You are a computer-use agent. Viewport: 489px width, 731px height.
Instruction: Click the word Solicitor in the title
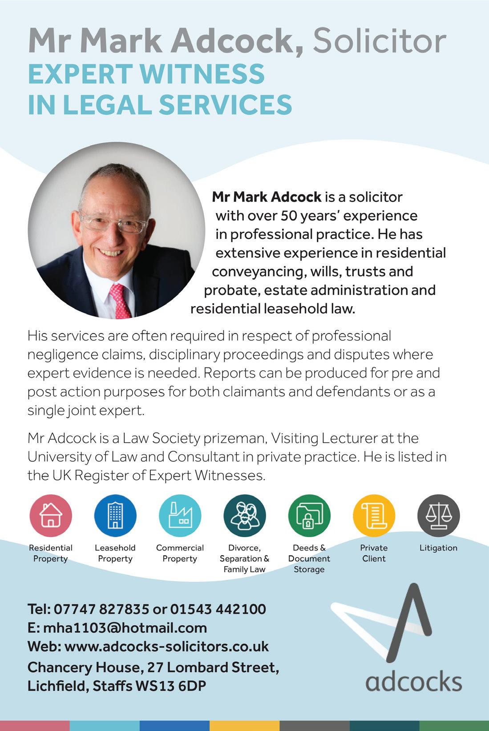pos(379,41)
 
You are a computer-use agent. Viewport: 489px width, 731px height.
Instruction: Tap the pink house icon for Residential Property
pos(51,515)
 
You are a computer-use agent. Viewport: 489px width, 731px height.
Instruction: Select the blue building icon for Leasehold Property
pos(115,515)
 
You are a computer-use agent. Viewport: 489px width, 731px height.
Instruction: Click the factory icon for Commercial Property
pos(180,515)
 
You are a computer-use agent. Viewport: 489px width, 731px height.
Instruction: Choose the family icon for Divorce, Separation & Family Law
pos(244,515)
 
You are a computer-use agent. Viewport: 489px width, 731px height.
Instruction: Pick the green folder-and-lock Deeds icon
pos(309,515)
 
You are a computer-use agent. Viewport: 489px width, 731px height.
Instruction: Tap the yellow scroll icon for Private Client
pos(374,515)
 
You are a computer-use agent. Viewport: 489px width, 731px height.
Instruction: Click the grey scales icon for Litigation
pos(438,515)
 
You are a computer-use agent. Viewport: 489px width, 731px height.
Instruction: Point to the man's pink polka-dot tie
pos(119,300)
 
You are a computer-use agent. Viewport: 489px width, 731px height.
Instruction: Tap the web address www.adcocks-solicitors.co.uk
pos(166,647)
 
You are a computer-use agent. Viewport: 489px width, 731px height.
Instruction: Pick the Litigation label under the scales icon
pos(438,548)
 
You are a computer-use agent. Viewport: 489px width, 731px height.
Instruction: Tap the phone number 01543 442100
pos(218,609)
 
